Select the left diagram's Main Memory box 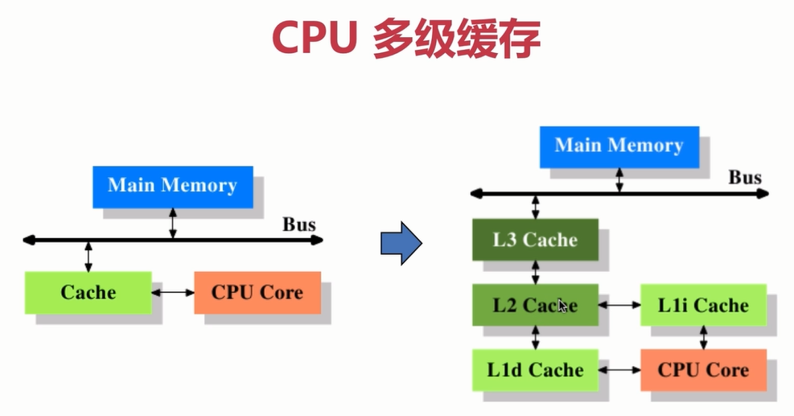tap(172, 186)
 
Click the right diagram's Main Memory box tap(619, 146)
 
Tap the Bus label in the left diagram tap(298, 224)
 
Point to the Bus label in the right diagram tap(745, 178)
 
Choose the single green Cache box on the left tap(88, 292)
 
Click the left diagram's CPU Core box tap(257, 292)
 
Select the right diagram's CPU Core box tap(703, 370)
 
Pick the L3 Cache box tap(535, 239)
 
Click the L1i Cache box tap(703, 305)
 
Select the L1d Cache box tap(535, 370)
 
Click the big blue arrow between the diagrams tap(401, 244)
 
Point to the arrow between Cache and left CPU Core tap(173, 292)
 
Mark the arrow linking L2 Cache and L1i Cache tap(619, 305)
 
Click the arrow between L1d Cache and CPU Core tap(619, 370)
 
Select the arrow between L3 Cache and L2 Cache tap(535, 272)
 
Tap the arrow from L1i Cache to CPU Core tap(703, 337)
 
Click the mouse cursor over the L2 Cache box tap(562, 305)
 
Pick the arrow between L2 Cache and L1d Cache tap(535, 337)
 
